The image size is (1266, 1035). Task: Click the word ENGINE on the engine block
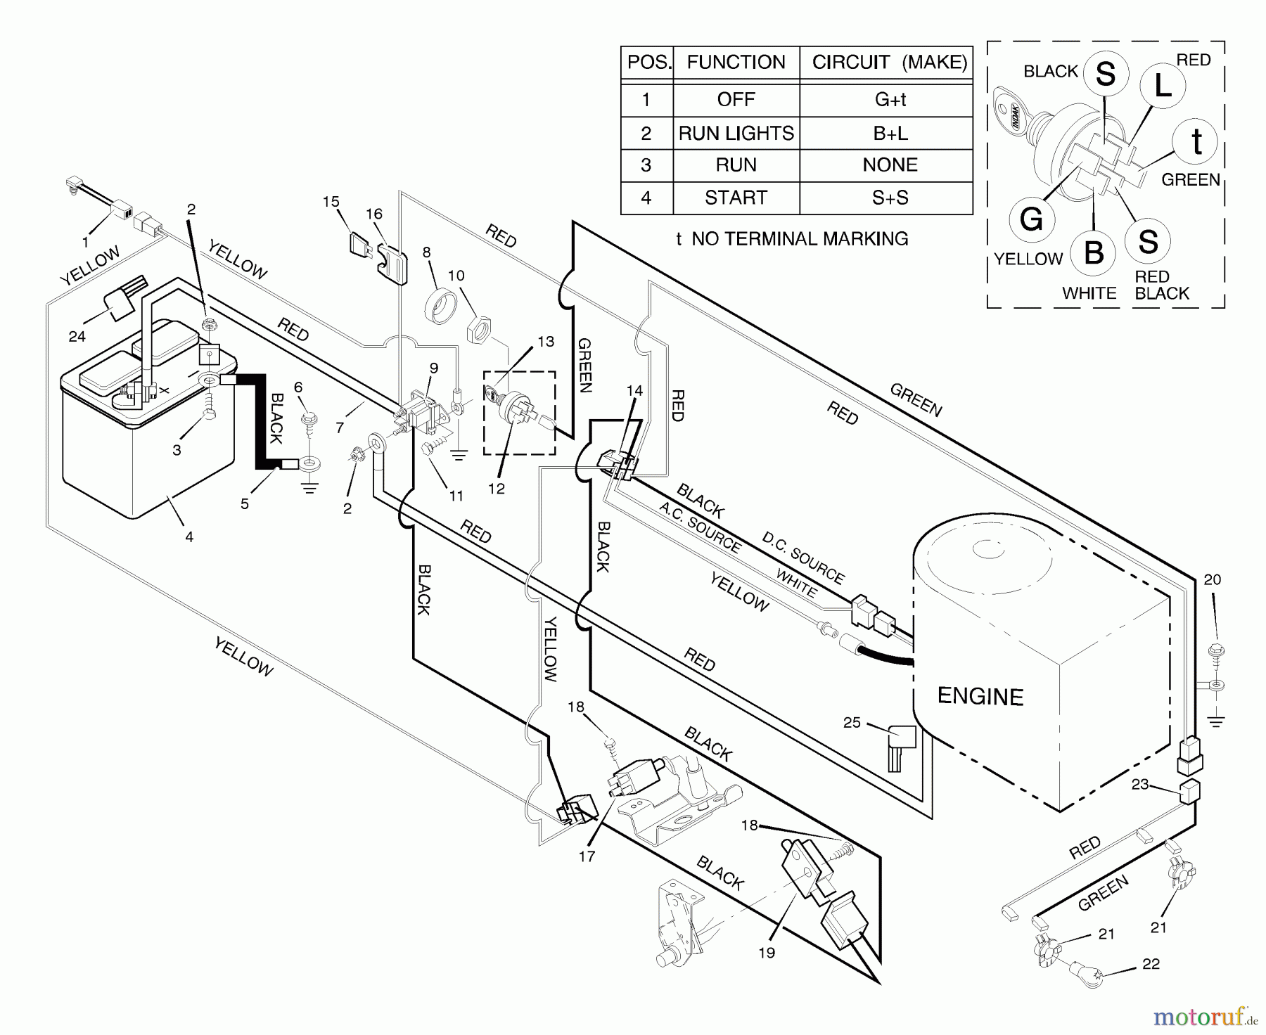(x=980, y=697)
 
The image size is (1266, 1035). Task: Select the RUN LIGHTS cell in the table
(x=736, y=133)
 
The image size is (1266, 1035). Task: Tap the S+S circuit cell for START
(x=890, y=198)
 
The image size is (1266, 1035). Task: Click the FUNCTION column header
(x=736, y=63)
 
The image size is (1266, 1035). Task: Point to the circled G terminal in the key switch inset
(x=1031, y=219)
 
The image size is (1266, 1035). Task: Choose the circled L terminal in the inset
(x=1163, y=86)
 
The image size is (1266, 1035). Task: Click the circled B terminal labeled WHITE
(x=1094, y=252)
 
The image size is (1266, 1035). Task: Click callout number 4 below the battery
(x=189, y=537)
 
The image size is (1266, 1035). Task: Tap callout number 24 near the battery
(x=77, y=337)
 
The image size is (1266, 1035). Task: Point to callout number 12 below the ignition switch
(x=497, y=488)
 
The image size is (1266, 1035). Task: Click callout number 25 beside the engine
(x=852, y=723)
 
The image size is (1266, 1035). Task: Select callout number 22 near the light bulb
(x=1151, y=964)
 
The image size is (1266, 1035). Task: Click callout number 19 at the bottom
(x=767, y=953)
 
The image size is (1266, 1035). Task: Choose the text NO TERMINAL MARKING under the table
(x=799, y=239)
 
